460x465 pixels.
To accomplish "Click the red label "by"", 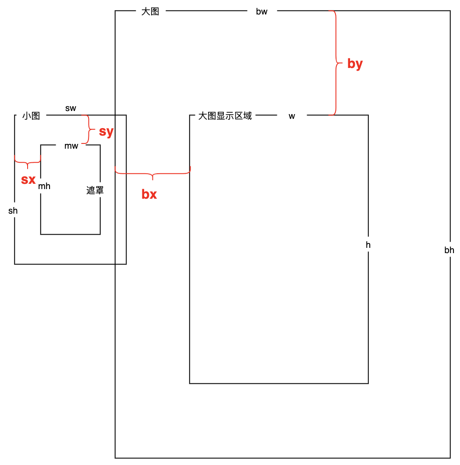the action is [x=355, y=64].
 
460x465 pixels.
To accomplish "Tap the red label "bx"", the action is [x=149, y=194].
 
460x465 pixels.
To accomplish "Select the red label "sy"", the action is [x=106, y=132].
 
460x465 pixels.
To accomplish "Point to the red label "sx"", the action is [x=28, y=179].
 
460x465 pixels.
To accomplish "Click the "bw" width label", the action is [x=262, y=12].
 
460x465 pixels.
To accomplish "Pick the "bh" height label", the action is [x=449, y=250].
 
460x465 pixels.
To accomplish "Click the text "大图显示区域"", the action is [x=225, y=116].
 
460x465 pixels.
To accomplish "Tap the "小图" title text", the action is [x=31, y=116].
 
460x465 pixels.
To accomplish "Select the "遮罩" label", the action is [x=95, y=191].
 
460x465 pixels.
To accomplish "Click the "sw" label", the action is [x=71, y=108].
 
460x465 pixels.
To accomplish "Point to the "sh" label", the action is [x=13, y=211].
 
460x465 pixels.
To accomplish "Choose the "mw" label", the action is [x=71, y=146].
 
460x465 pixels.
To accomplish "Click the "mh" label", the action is [x=44, y=186].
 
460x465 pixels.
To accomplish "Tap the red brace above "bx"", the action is [x=152, y=174].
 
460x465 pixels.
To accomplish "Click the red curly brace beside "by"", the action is [x=336, y=63].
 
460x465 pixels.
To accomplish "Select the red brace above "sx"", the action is [x=28, y=163].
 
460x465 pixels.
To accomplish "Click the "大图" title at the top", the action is [x=150, y=12].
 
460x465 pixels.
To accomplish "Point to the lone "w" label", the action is [x=292, y=116].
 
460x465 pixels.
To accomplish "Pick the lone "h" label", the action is [x=368, y=245].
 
